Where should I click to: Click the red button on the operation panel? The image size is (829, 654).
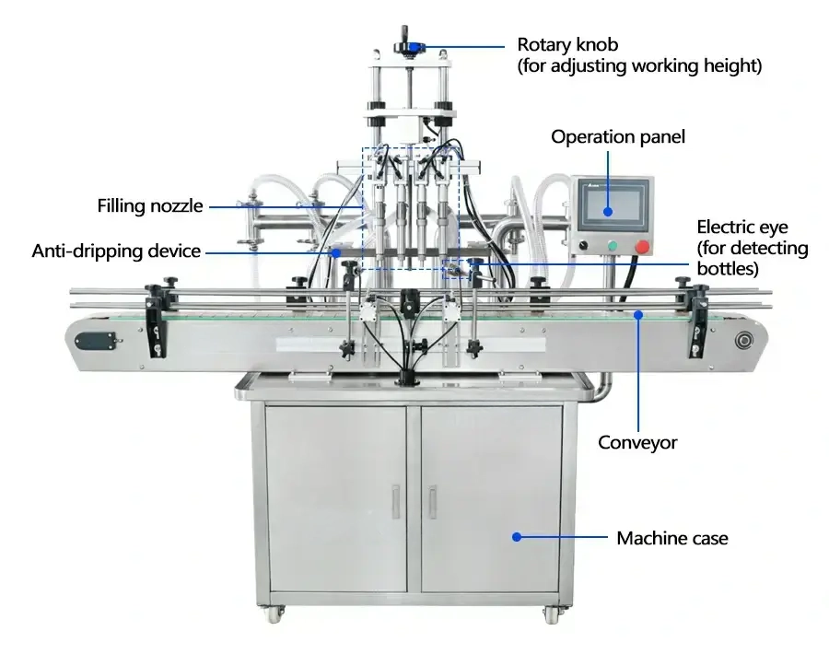642,246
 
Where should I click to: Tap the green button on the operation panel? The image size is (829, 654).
613,246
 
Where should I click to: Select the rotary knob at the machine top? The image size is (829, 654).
410,47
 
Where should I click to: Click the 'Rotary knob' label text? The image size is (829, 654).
567,45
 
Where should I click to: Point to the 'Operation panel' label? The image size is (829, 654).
617,137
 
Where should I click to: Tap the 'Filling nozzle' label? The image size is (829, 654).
149,205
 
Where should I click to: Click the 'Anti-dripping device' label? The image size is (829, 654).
116,251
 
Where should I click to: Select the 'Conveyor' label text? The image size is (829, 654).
637,442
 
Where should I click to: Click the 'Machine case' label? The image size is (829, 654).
672,538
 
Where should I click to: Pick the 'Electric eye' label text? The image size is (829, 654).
741,228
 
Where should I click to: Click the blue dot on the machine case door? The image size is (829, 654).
517,537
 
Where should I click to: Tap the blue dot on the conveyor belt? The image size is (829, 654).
638,315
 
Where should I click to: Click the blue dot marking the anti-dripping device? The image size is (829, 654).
335,253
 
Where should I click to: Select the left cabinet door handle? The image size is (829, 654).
395,502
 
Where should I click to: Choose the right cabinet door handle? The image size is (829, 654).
432,502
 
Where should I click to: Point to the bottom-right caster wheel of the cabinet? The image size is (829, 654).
551,613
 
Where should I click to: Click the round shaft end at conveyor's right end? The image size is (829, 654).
743,341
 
